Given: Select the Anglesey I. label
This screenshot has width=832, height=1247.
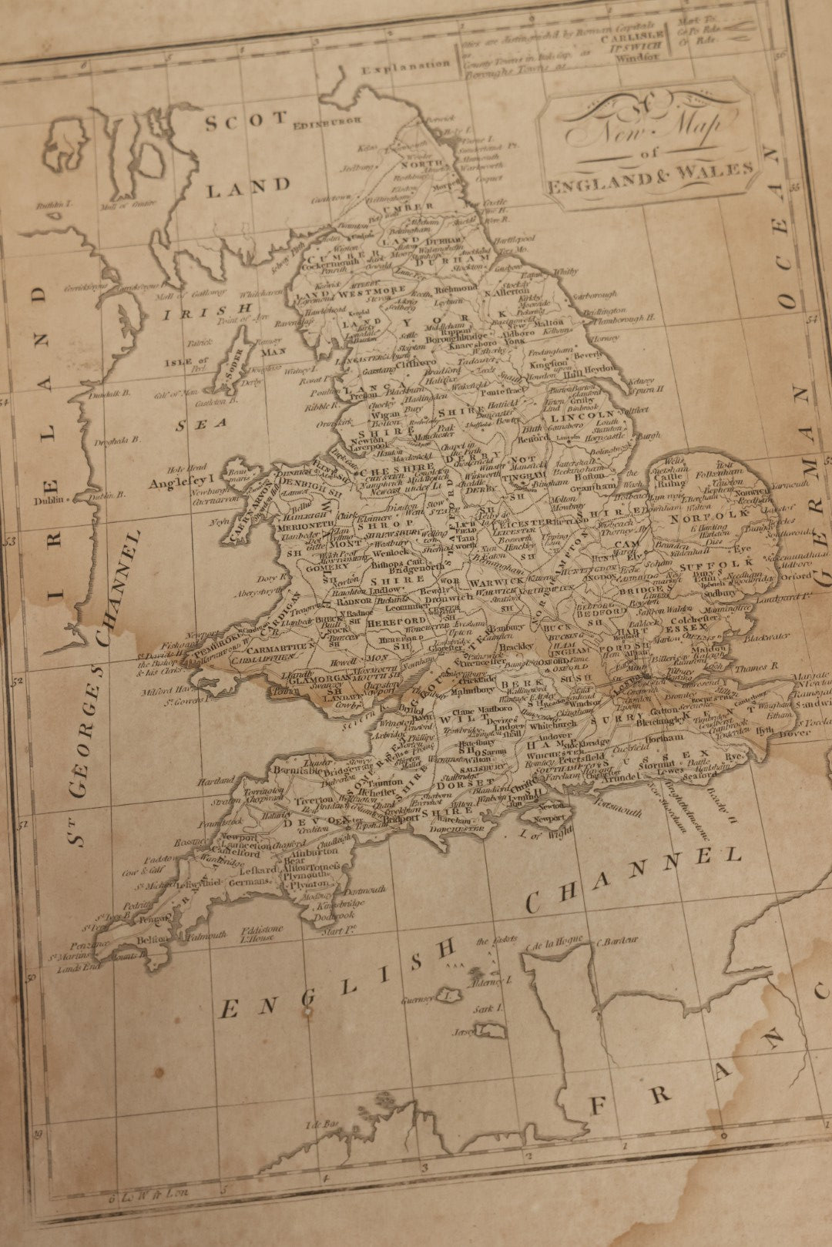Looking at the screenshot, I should point(179,483).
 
